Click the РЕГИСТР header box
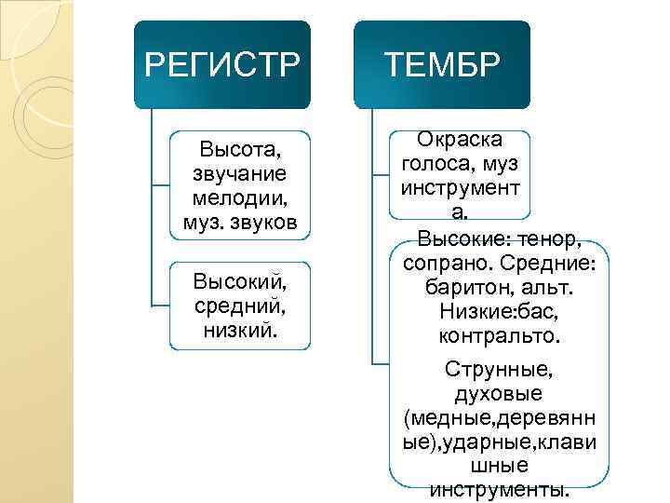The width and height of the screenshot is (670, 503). (223, 64)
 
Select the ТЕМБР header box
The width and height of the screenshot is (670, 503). (442, 64)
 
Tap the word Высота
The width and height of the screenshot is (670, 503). (240, 150)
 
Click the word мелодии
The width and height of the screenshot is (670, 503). (240, 198)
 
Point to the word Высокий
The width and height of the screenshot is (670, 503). (240, 280)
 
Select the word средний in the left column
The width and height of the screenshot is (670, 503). (240, 305)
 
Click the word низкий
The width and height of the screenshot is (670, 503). (240, 329)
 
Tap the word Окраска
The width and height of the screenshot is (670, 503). (460, 140)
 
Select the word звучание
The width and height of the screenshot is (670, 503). (240, 174)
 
